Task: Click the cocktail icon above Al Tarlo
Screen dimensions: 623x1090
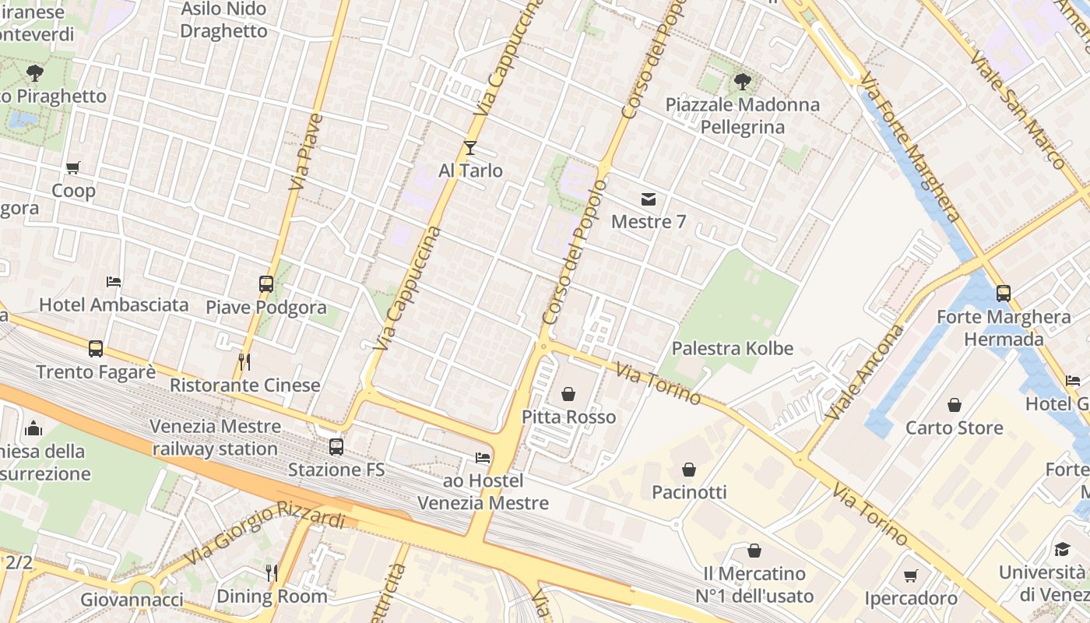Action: point(470,148)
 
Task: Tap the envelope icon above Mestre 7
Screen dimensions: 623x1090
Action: point(649,199)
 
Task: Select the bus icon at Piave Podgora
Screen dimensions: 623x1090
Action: point(266,284)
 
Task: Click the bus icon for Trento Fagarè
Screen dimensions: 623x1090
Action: point(96,349)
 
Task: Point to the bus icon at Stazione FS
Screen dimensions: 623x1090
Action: point(336,447)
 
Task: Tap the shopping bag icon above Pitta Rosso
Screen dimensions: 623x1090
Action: point(568,394)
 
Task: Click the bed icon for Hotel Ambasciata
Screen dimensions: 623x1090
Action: point(114,281)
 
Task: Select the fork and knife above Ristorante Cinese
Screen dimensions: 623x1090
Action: point(244,362)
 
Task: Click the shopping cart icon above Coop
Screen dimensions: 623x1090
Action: point(73,167)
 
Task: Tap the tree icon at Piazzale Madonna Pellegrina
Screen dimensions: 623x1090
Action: point(743,81)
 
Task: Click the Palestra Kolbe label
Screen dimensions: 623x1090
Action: point(732,349)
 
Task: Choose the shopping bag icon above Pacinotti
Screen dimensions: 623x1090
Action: point(689,470)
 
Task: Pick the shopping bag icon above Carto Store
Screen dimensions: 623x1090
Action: point(954,405)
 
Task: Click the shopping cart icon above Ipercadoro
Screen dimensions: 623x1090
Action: point(910,576)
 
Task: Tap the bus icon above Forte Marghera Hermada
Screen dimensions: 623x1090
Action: point(1004,294)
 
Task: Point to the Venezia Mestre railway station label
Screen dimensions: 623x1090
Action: point(216,438)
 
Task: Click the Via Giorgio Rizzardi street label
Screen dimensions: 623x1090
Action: point(265,537)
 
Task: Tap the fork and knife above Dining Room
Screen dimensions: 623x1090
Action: point(271,573)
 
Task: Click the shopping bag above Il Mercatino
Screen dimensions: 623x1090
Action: point(754,551)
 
